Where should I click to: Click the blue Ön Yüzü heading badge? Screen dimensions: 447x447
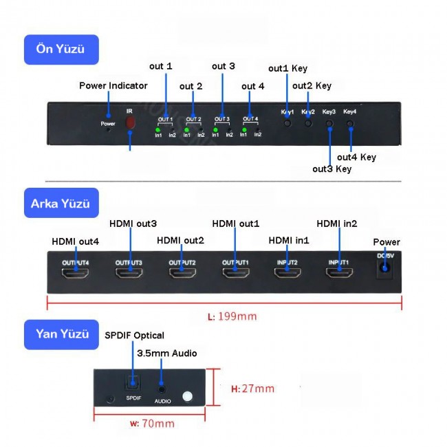[61, 50]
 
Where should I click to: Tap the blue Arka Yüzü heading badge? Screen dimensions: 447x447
[61, 204]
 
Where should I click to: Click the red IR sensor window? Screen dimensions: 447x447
[130, 123]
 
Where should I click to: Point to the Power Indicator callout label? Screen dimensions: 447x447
[113, 86]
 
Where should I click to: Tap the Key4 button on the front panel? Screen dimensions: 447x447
[351, 126]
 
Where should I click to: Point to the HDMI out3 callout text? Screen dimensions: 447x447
[133, 224]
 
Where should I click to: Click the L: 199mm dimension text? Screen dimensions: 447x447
[232, 317]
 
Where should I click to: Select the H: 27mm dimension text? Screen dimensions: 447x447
[252, 389]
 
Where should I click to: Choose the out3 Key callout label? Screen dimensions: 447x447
[331, 169]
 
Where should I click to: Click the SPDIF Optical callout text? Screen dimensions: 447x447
[134, 336]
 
